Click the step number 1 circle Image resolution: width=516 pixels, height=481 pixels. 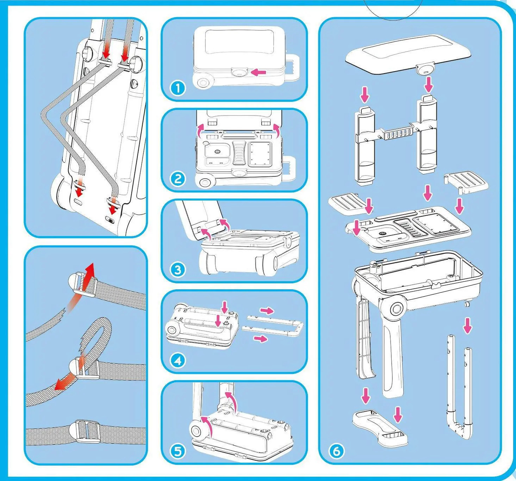178,88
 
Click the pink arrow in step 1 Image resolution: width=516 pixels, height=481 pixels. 260,72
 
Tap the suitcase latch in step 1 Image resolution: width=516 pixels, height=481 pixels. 239,73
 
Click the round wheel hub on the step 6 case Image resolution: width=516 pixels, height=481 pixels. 397,309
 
